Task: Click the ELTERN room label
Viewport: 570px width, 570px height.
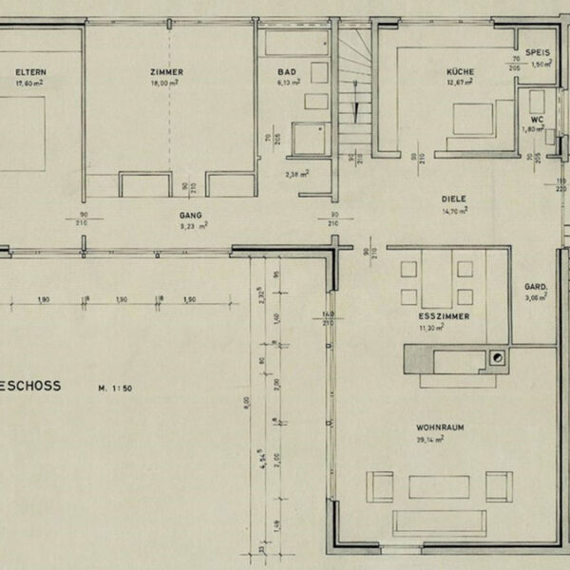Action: pyautogui.click(x=30, y=72)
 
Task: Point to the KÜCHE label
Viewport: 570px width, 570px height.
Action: pyautogui.click(x=461, y=72)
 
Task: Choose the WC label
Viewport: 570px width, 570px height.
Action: pyautogui.click(x=538, y=120)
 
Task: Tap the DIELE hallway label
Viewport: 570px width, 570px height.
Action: pyautogui.click(x=455, y=199)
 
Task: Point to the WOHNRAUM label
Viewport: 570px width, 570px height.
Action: pyautogui.click(x=440, y=429)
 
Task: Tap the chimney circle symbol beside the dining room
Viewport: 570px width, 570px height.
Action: pyautogui.click(x=496, y=358)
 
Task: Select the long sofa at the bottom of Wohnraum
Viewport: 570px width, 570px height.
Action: pyautogui.click(x=440, y=522)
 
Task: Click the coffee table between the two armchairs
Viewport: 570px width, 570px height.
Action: pyautogui.click(x=439, y=487)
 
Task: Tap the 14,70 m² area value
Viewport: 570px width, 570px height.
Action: pyautogui.click(x=455, y=210)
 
